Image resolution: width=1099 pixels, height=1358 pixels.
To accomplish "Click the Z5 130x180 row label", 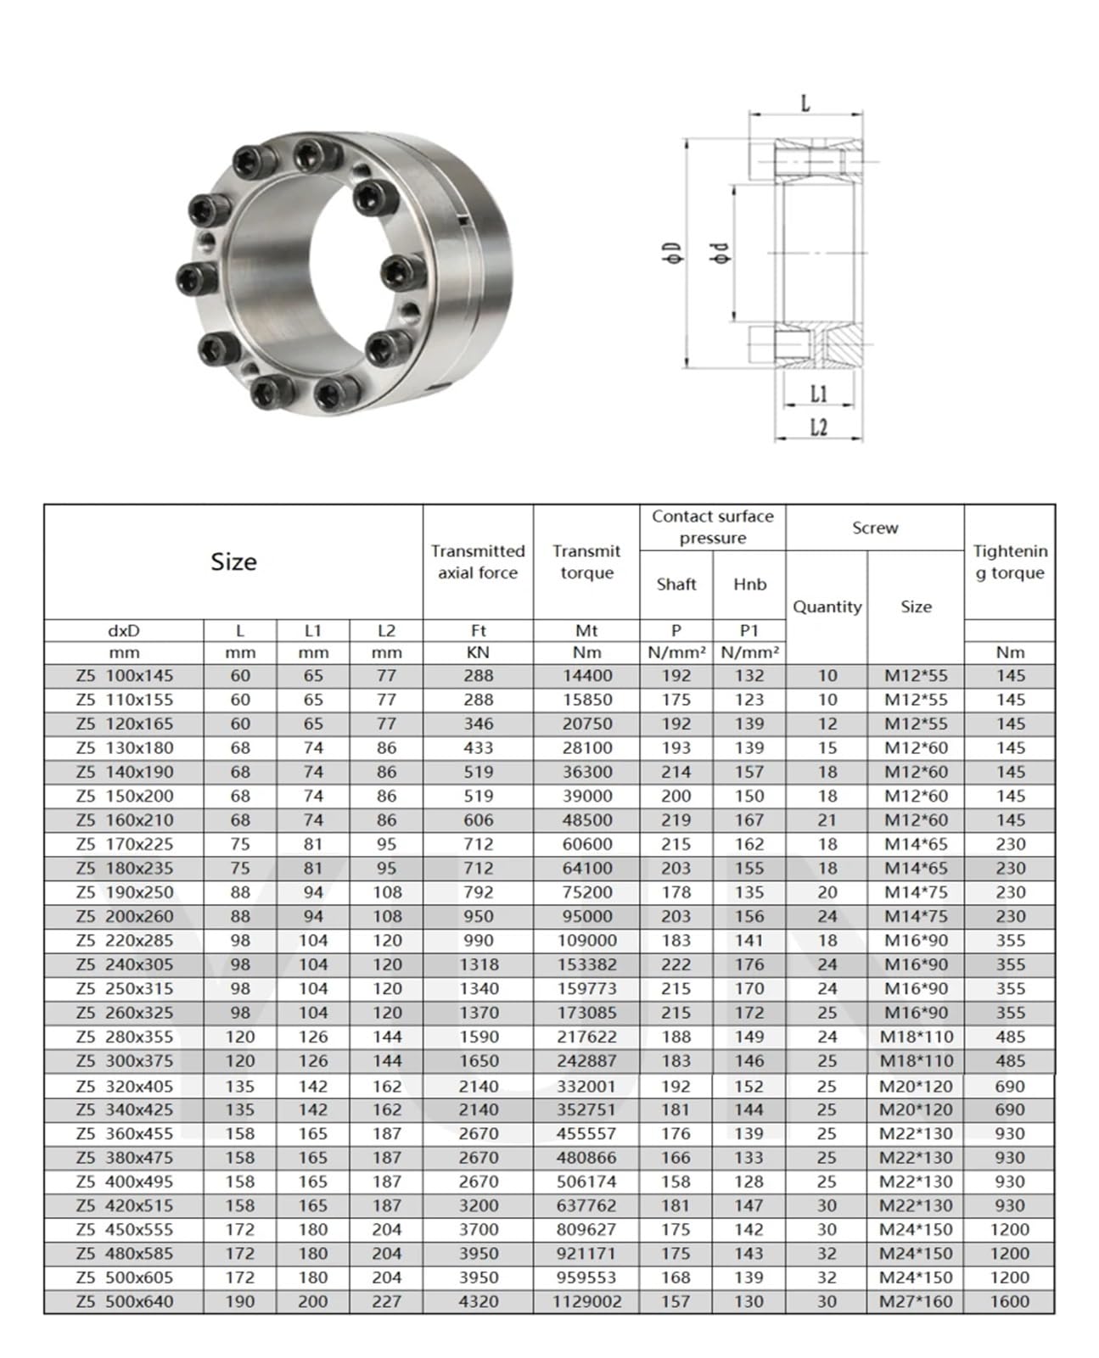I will coord(124,748).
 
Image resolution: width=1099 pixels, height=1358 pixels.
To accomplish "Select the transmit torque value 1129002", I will coord(586,1301).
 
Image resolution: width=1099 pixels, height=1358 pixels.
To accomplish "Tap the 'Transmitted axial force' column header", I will coord(478,562).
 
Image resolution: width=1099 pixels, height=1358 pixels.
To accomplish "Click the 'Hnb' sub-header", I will coord(749,584).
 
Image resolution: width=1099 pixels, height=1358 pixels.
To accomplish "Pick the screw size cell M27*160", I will coord(916,1301).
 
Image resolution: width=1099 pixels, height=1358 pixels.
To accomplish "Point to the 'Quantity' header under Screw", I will coord(827,606).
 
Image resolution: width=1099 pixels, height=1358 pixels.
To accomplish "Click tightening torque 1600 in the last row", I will coord(1009,1301).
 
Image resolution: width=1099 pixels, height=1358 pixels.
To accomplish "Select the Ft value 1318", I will coord(478,964).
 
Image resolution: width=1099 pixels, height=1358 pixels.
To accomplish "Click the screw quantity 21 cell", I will coord(827,820).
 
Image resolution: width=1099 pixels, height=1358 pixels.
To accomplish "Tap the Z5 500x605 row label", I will coord(124,1277).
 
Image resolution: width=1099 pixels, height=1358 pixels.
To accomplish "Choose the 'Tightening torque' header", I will coord(1010,562).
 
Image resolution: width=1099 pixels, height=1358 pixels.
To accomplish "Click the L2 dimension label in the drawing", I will coord(818,427).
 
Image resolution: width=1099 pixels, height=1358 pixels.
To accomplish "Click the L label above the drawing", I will coord(805,103).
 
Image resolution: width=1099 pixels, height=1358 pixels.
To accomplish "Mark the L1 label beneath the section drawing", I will coord(818,394).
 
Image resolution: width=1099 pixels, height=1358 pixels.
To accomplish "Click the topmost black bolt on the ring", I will coord(306,155).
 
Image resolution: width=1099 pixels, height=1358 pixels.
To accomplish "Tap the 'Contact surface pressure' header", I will coord(712,527).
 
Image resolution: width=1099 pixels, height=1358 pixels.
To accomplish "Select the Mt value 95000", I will coord(586,916).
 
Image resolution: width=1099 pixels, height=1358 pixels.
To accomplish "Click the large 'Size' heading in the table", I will coord(233,562).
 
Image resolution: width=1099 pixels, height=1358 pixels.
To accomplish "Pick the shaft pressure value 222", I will coord(676,964).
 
